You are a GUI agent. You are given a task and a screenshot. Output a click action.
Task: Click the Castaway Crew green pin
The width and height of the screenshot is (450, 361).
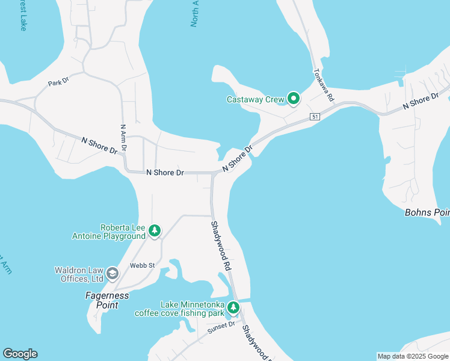tap(293, 98)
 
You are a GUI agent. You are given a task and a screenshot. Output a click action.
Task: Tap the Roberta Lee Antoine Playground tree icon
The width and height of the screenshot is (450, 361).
tap(155, 230)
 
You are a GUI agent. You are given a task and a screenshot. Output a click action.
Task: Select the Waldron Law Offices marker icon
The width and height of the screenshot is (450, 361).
tap(112, 274)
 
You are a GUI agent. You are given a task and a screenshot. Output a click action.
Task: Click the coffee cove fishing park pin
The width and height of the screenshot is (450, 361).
tap(233, 309)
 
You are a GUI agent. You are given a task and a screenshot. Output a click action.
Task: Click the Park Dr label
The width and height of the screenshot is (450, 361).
tap(59, 82)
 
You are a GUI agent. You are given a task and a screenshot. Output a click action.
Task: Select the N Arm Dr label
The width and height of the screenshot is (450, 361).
tap(123, 137)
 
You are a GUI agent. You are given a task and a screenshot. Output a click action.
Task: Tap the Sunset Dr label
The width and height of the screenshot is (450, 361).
tap(220, 326)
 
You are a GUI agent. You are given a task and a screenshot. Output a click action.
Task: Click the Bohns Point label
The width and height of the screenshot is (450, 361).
tap(427, 213)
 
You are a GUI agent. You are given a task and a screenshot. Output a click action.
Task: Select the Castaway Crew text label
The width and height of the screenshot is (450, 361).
tap(255, 99)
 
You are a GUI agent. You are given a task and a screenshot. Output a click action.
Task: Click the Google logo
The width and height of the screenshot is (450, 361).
tap(20, 354)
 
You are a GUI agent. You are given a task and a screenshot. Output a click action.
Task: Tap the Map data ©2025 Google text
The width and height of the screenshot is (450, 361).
tap(413, 356)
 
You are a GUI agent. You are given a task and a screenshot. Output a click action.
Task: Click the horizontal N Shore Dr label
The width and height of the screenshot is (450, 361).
tap(165, 173)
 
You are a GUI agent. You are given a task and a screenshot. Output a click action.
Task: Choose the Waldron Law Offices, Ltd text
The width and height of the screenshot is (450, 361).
tap(79, 274)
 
